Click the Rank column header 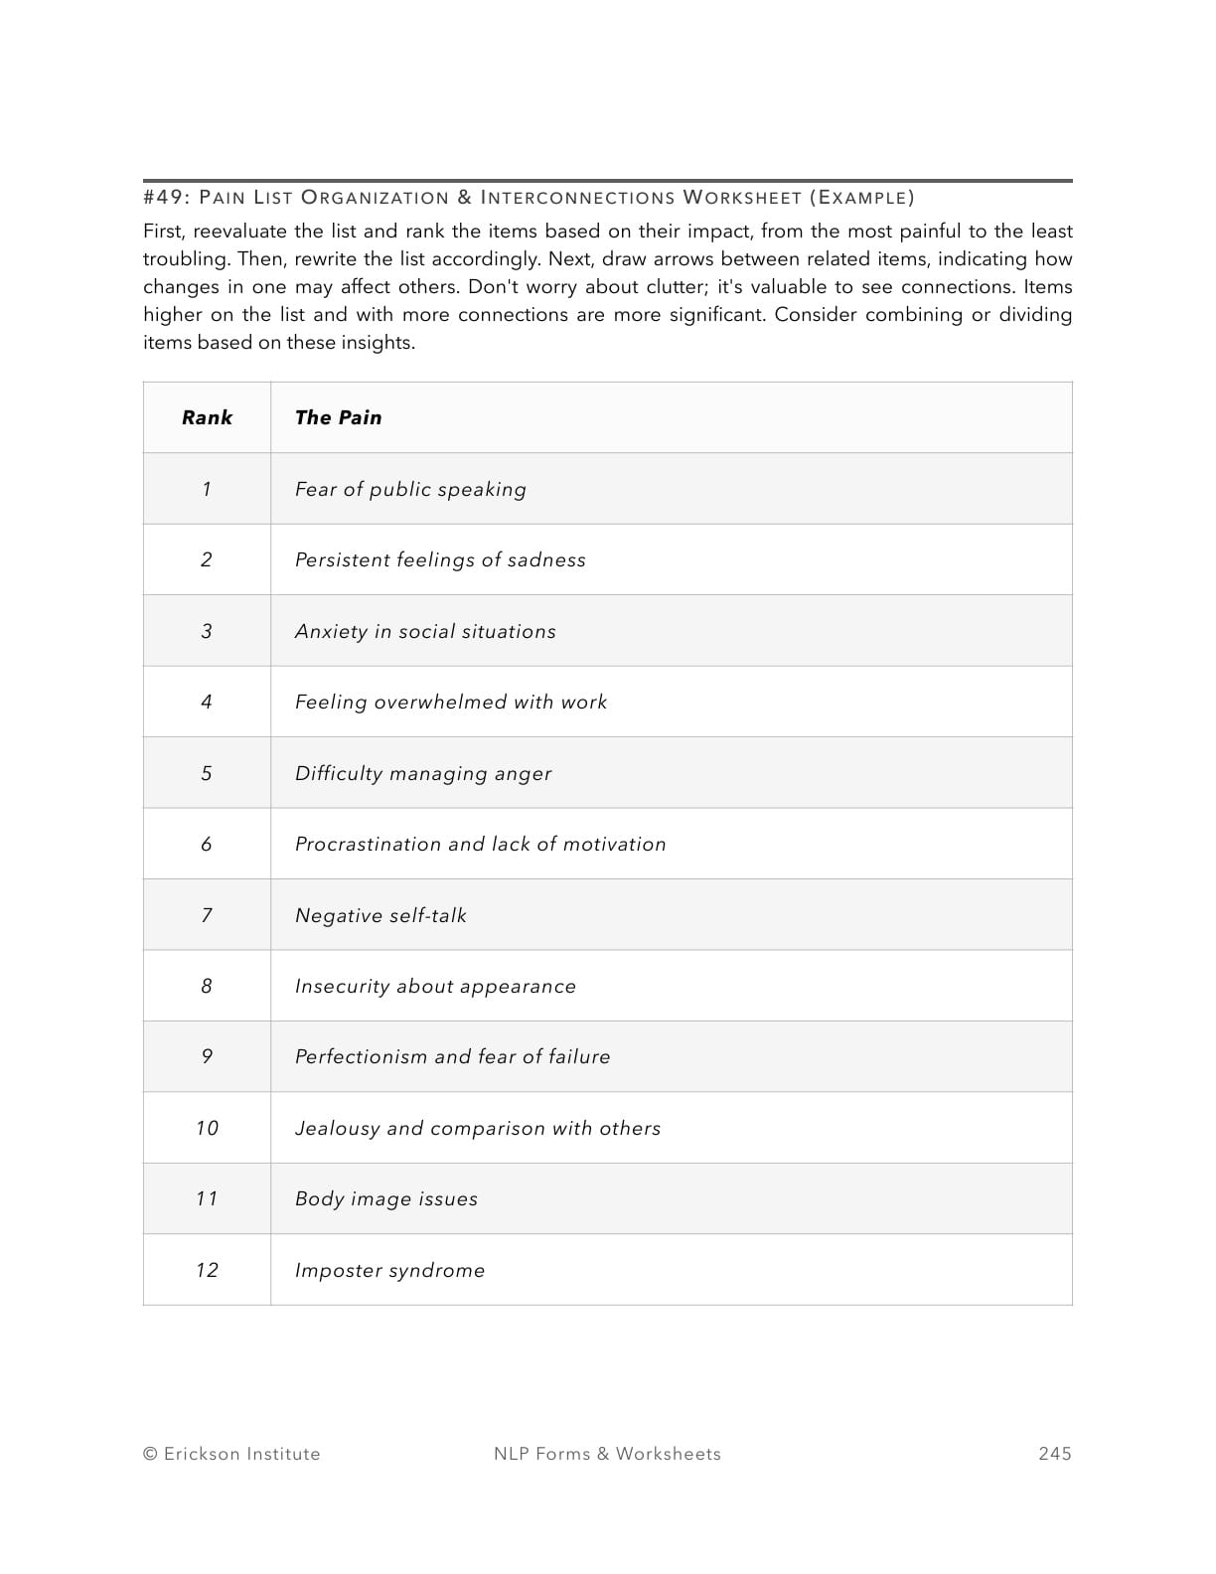tap(207, 417)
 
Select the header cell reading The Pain tap(338, 417)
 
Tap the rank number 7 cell tap(207, 915)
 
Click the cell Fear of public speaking tap(410, 489)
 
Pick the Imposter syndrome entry tap(389, 1270)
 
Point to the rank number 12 tap(207, 1270)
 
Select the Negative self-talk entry tap(380, 915)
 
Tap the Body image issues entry tap(385, 1198)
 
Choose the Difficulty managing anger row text tap(422, 773)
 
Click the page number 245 tap(1055, 1454)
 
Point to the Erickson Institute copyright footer tap(231, 1454)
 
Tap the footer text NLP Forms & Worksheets tap(607, 1454)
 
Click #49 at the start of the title tap(163, 197)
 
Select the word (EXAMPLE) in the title tap(861, 197)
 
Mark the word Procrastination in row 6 tap(367, 844)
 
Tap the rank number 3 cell tap(207, 631)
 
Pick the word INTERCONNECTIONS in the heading tap(577, 197)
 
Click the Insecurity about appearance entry tap(435, 986)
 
